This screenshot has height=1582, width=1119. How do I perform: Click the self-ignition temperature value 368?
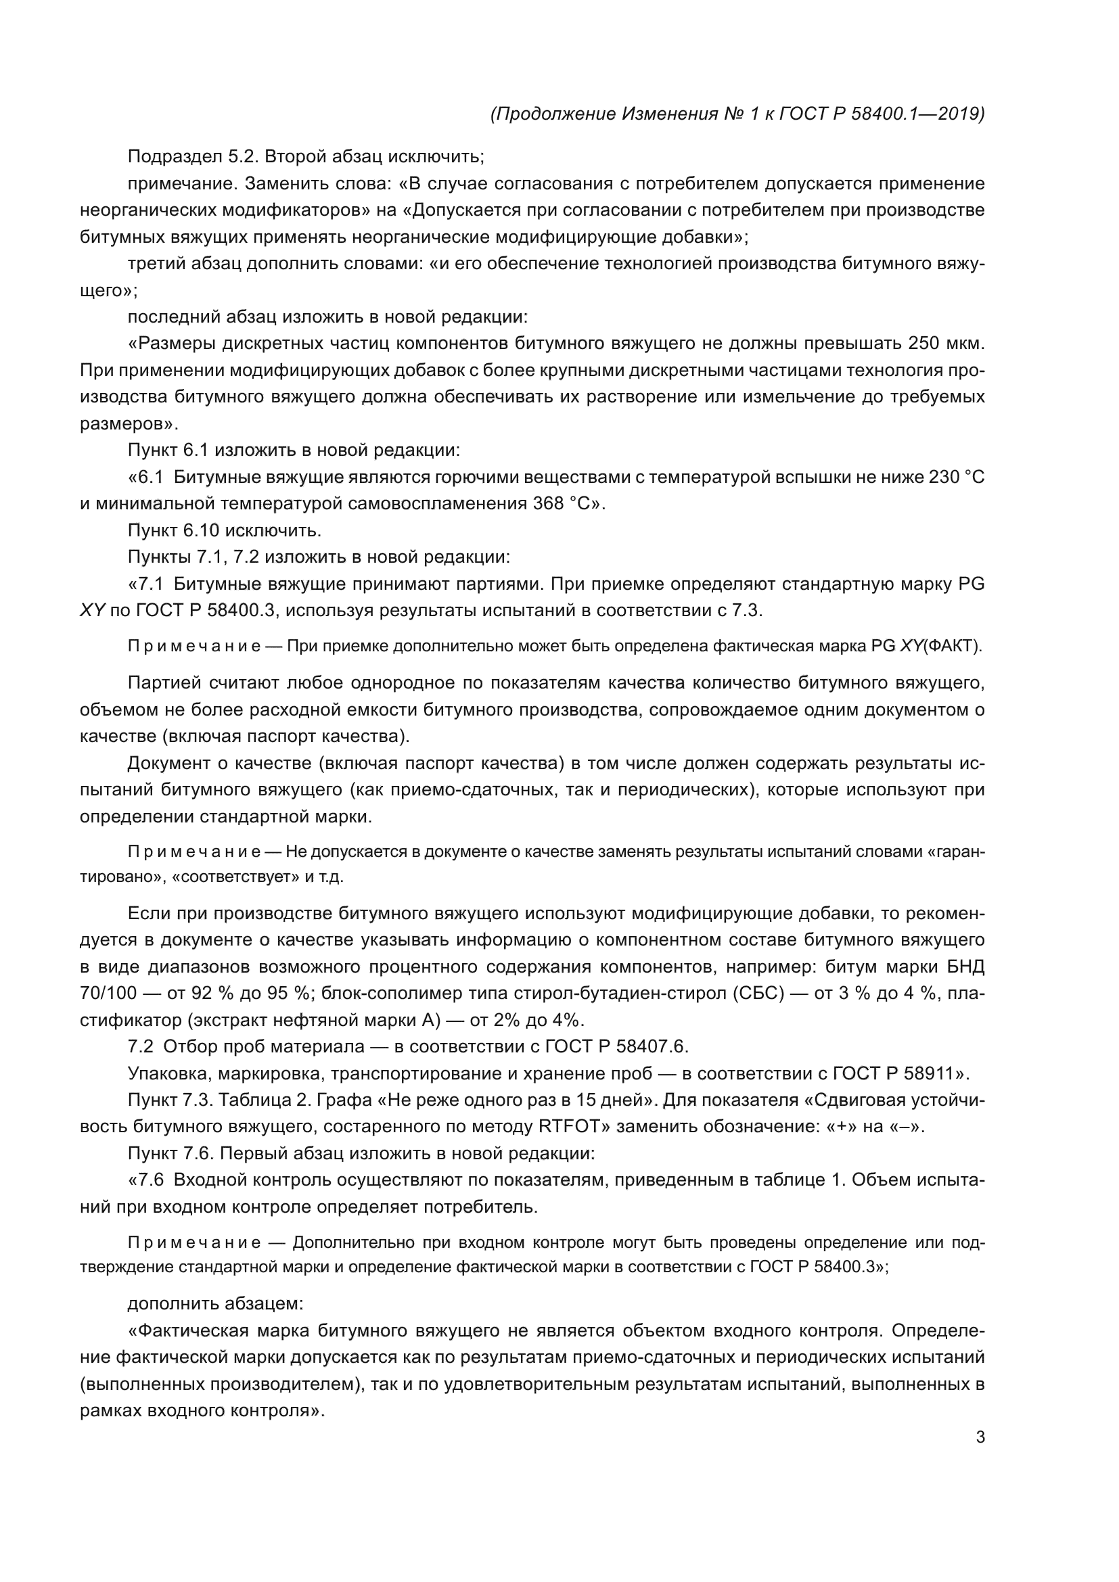[x=549, y=504]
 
